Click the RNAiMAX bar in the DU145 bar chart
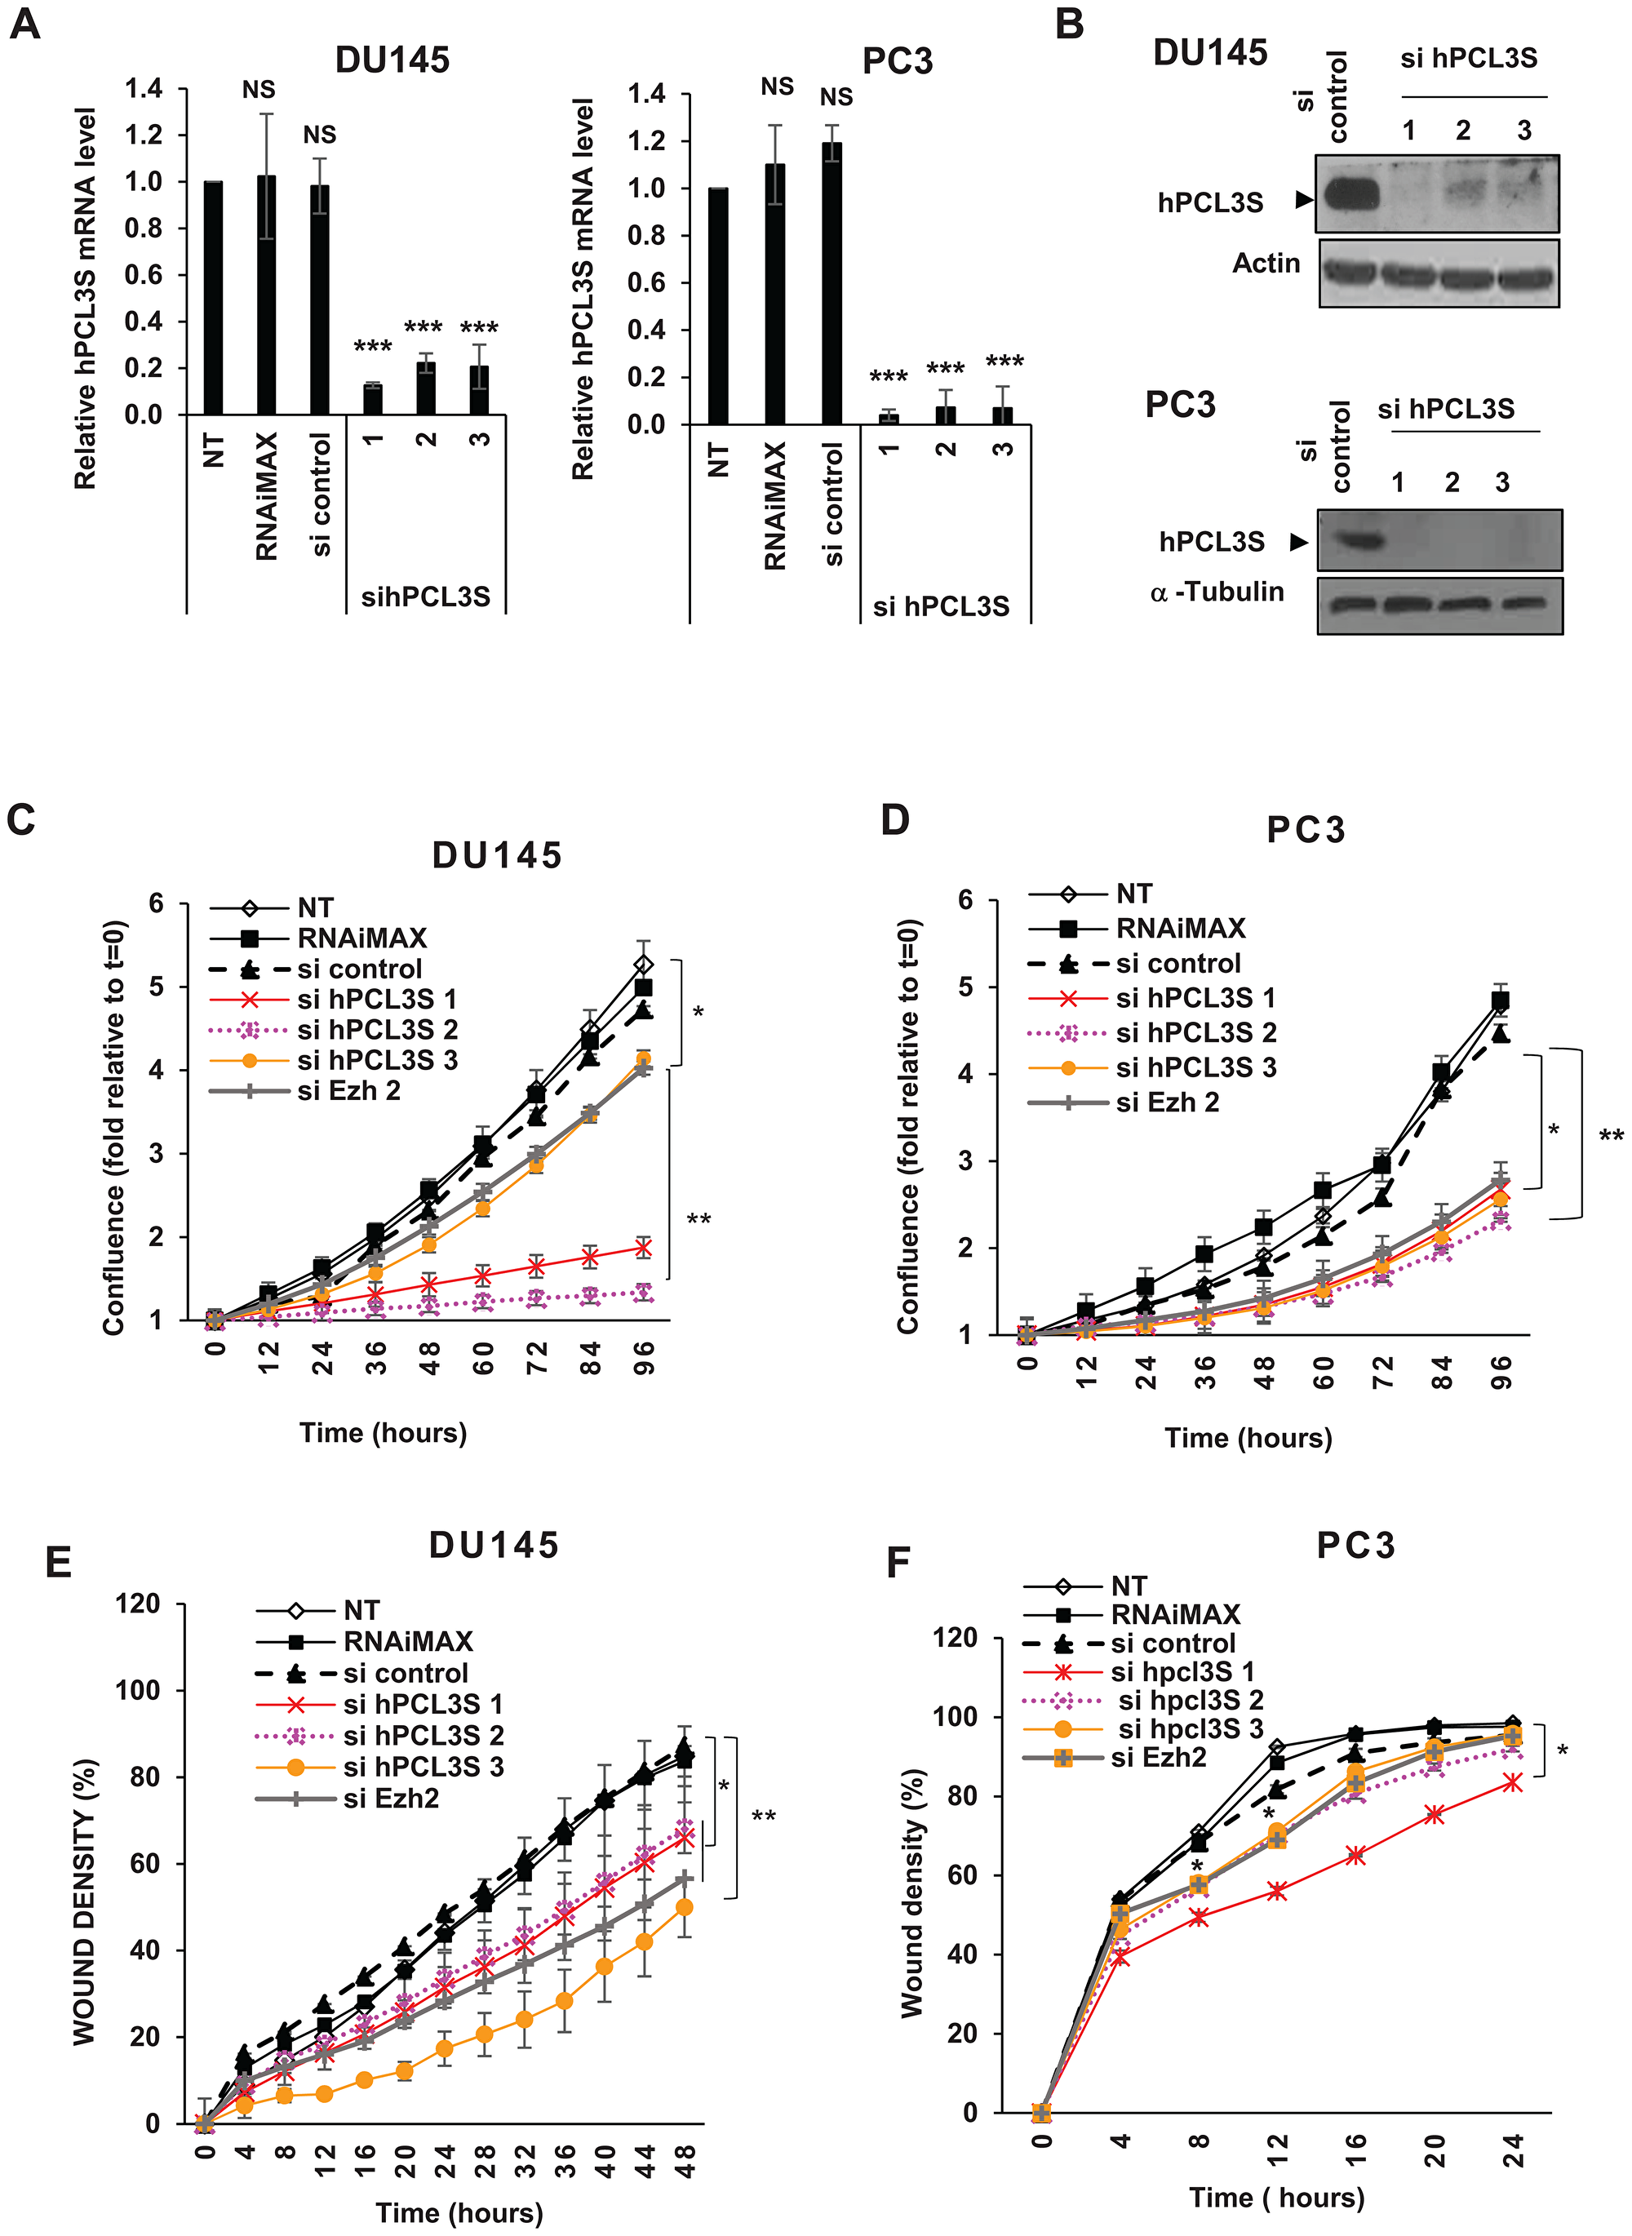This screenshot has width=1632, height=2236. (x=266, y=296)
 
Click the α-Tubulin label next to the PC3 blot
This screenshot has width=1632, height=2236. (x=1217, y=592)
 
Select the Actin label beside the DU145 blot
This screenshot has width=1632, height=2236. (x=1266, y=263)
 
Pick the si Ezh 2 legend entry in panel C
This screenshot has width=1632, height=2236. (x=348, y=1091)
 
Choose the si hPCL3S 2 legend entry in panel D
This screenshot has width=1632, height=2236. (x=1195, y=1032)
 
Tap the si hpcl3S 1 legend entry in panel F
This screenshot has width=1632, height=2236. (x=1182, y=1672)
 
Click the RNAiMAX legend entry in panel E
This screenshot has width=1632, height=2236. (x=407, y=1642)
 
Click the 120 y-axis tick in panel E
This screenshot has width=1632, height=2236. (x=137, y=1604)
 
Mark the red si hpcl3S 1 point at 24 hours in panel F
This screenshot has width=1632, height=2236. (x=1511, y=1782)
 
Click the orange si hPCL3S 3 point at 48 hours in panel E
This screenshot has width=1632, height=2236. (x=684, y=1907)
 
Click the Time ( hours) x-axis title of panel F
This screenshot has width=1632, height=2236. (x=1276, y=2198)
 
